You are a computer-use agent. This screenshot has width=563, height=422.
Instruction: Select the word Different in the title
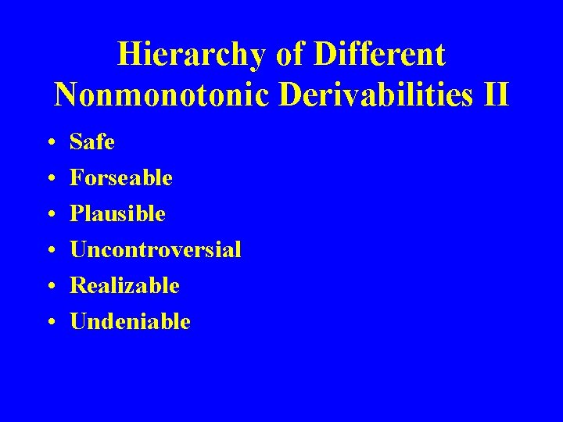coord(381,55)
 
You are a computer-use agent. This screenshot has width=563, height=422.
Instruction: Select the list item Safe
coord(91,142)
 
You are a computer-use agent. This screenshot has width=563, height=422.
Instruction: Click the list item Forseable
coord(120,178)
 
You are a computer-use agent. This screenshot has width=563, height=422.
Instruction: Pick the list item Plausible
coord(117,214)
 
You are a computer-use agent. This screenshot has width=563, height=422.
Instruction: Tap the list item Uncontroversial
coord(155,250)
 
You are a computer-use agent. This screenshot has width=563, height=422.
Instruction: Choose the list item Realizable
coord(124,286)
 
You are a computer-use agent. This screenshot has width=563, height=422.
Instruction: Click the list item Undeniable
coord(130,322)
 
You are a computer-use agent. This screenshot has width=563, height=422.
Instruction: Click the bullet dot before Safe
coord(50,144)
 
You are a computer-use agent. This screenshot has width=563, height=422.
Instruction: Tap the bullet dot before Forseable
coord(50,180)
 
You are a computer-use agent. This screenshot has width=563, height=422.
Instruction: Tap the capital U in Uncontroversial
coord(78,250)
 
